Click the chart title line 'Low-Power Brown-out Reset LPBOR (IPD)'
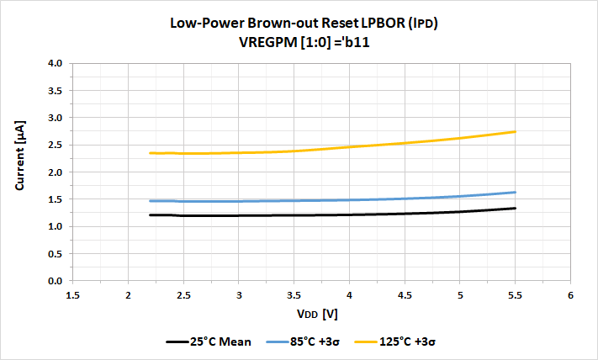299,24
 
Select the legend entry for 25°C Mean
210,342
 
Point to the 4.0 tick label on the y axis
56,64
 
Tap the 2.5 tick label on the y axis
56,146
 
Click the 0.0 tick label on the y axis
56,281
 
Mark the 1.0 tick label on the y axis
56,227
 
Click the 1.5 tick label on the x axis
72,294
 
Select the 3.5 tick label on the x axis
294,294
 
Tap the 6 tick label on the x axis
570,294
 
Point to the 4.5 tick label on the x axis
405,294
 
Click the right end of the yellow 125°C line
515,132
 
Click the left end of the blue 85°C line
150,201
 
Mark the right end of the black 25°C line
515,209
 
